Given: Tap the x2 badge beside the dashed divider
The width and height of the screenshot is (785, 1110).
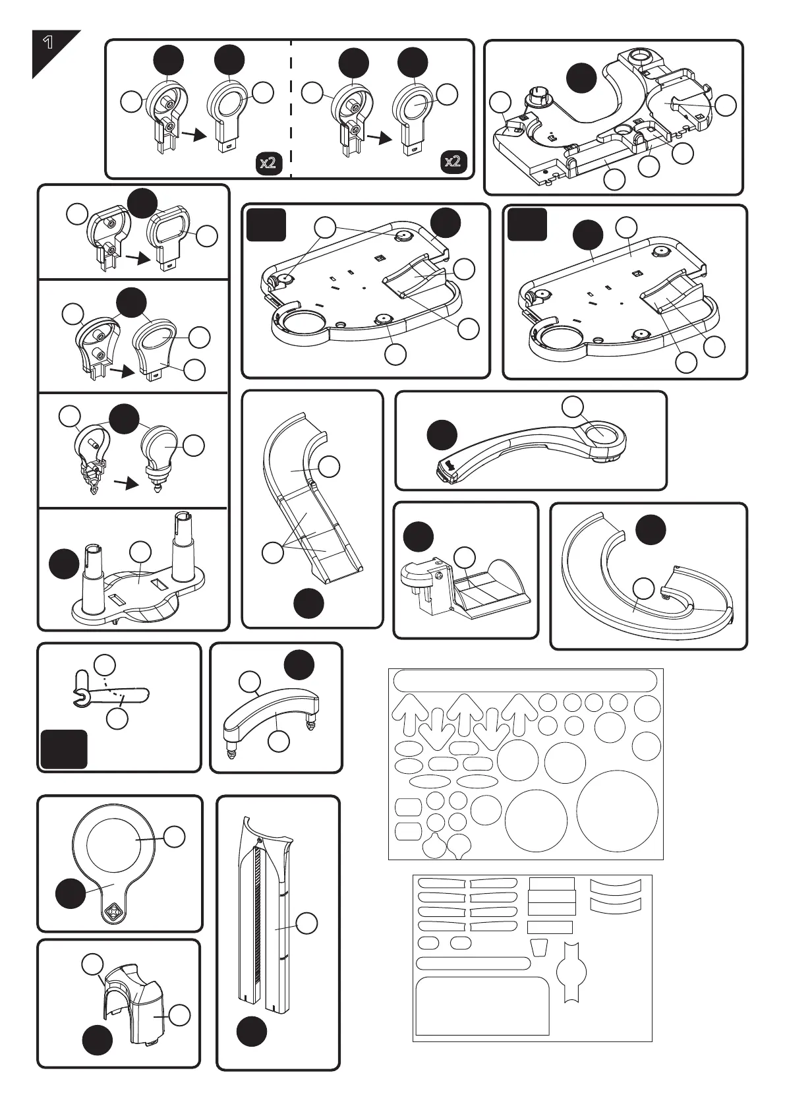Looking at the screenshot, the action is (x=268, y=162).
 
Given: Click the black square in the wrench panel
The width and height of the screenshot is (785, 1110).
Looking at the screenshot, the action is (x=63, y=749).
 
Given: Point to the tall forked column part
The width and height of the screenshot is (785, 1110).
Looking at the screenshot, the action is (x=266, y=916).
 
